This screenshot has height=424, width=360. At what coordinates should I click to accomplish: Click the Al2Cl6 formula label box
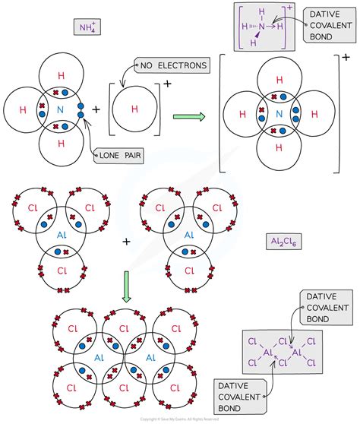(x=279, y=242)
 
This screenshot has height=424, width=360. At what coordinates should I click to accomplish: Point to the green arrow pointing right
(x=190, y=116)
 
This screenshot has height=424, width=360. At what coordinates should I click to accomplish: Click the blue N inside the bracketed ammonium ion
(x=279, y=114)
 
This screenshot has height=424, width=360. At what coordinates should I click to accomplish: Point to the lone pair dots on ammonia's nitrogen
(x=80, y=112)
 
